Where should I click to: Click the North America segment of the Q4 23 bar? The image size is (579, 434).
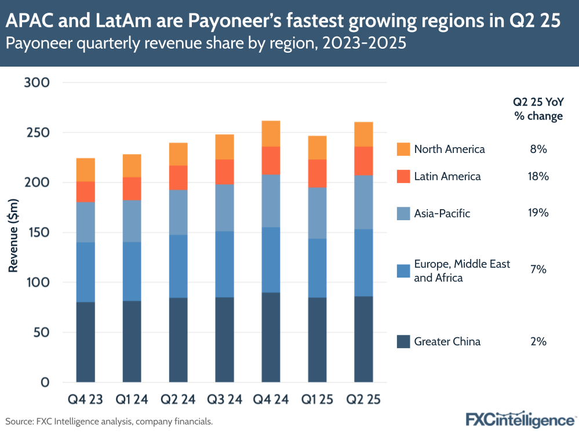[85, 170]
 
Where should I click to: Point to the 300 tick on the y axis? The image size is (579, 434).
[38, 83]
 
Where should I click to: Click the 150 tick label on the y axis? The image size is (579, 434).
[38, 233]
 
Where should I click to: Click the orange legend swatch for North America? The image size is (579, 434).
[403, 149]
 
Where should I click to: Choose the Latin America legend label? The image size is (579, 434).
[447, 176]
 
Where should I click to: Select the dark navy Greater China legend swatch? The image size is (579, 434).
[403, 341]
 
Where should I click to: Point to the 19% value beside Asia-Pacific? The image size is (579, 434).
[538, 213]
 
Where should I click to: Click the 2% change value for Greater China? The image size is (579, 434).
[538, 341]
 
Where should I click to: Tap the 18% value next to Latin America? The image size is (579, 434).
[538, 176]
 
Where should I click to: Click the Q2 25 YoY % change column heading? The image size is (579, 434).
[538, 108]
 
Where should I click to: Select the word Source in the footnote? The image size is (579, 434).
[19, 422]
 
